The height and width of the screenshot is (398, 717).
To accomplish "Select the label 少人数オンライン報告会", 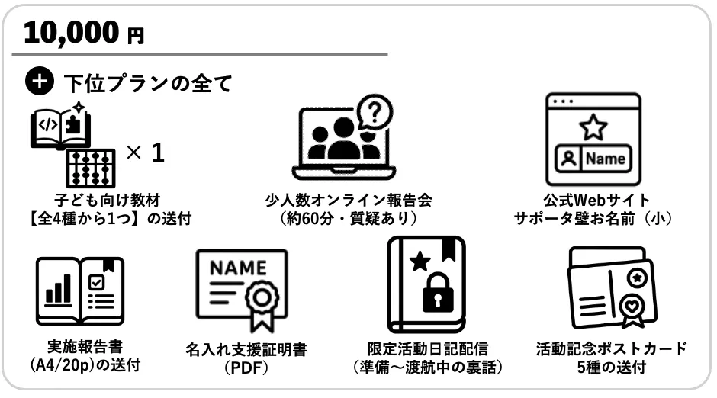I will [x=349, y=201].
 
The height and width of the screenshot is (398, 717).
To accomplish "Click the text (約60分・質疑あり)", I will [x=349, y=219].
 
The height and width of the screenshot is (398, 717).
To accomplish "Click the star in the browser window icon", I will [x=593, y=127].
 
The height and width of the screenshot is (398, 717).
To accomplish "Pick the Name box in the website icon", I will [x=606, y=159].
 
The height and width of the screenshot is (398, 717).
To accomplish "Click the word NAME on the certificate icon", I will [x=239, y=268].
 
